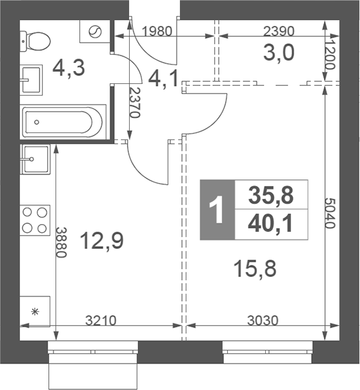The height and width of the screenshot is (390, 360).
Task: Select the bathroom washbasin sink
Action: click(31, 80)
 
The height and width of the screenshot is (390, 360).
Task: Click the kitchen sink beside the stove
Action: click(35, 159)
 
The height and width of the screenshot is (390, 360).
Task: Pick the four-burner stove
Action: click(35, 220)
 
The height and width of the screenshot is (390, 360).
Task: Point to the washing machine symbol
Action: click(95, 32)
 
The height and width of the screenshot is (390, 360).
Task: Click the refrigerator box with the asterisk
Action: click(35, 311)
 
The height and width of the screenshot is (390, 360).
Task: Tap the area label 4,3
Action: click(68, 68)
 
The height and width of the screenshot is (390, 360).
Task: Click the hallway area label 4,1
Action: click(163, 79)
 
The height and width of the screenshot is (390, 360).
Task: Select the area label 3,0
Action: click(279, 53)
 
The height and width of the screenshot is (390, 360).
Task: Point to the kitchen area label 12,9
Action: click(102, 241)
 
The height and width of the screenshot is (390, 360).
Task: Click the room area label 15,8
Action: click(255, 269)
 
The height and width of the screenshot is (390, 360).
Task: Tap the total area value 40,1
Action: click(270, 224)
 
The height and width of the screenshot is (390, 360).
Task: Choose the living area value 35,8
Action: click(271, 195)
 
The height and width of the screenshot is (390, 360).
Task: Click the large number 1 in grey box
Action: click(216, 209)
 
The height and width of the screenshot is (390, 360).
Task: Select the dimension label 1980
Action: click(157, 32)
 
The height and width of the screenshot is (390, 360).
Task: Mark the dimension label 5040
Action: click(330, 213)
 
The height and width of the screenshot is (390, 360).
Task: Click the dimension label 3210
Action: click(101, 321)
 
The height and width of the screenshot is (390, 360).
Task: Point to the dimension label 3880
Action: click(61, 243)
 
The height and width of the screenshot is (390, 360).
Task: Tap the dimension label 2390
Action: click(279, 32)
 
